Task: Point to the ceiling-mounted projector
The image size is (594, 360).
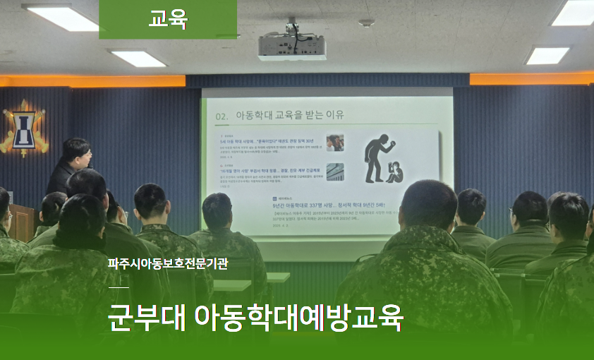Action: pyautogui.click(x=292, y=47)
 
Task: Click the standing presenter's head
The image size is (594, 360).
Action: pyautogui.click(x=75, y=152)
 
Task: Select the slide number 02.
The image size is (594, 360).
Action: pyautogui.click(x=222, y=115)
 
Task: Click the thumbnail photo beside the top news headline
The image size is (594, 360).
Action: pyautogui.click(x=335, y=143)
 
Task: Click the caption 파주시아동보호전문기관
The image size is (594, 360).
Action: pyautogui.click(x=168, y=265)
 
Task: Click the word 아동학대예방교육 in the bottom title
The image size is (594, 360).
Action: pyautogui.click(x=298, y=317)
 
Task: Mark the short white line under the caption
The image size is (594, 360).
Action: pyautogui.click(x=119, y=288)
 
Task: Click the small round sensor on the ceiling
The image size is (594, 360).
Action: pyautogui.click(x=365, y=23)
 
